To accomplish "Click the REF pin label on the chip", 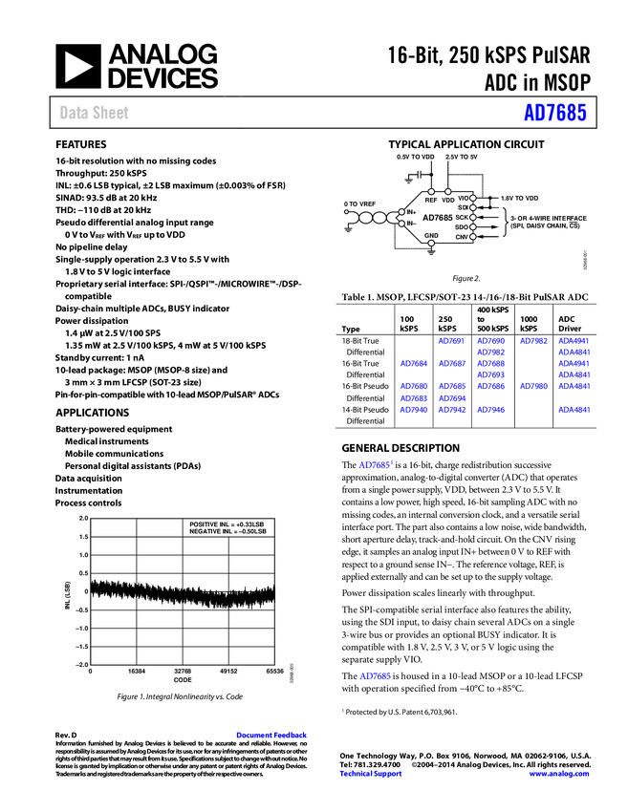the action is (431, 201).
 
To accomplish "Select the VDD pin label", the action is (447, 201).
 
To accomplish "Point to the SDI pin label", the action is (463, 207).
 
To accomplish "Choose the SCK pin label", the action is (462, 217).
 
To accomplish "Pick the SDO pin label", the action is (462, 226).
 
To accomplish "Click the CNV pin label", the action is (462, 236).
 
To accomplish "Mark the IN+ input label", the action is (411, 212).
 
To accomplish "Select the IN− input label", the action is (411, 224).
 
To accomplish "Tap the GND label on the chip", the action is (431, 235).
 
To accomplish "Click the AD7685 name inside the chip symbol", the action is (438, 218).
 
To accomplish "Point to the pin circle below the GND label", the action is (431, 244).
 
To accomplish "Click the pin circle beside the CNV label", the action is (472, 236).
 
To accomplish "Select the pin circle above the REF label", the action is (431, 192).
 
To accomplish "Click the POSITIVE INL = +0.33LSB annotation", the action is (227, 524).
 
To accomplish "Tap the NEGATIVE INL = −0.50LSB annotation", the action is (227, 531).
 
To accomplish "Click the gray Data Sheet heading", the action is (95, 113).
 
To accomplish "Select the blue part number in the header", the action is (554, 113).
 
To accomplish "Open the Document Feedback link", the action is (272, 736).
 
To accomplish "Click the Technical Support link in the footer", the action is (371, 774).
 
